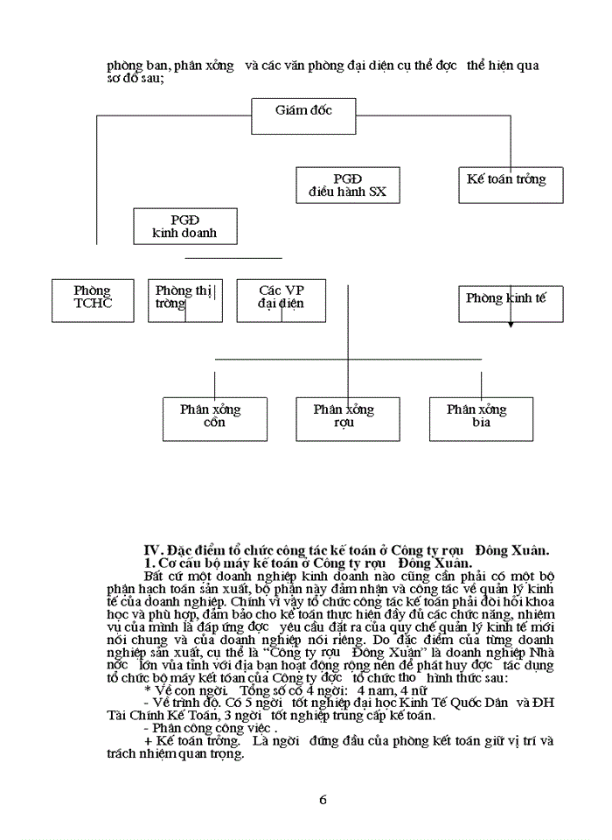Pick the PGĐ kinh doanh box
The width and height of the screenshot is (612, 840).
point(184,226)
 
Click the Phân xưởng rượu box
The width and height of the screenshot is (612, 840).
point(344,417)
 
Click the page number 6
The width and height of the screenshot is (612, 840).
point(323,799)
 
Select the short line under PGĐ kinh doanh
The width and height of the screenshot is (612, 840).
point(233,258)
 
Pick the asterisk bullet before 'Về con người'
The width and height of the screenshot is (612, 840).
point(146,689)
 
